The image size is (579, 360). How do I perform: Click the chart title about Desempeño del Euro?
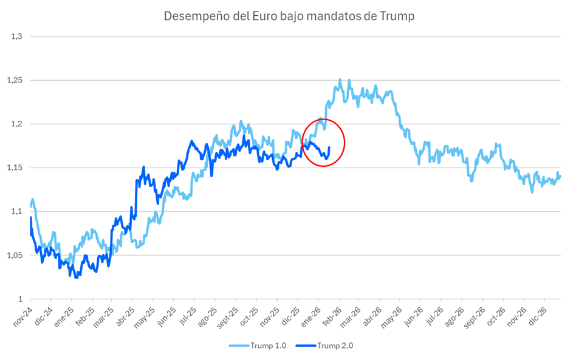click(289, 16)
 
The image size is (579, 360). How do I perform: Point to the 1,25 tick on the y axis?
click(14, 80)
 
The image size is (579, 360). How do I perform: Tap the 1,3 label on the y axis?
click(16, 36)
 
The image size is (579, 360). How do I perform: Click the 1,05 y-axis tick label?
click(14, 255)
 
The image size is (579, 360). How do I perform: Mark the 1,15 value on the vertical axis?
click(14, 168)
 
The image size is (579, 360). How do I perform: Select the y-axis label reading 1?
click(19, 299)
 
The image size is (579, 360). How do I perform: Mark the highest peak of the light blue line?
click(340, 79)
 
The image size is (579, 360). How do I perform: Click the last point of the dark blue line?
click(329, 147)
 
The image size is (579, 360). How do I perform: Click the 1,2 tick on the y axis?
click(16, 124)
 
